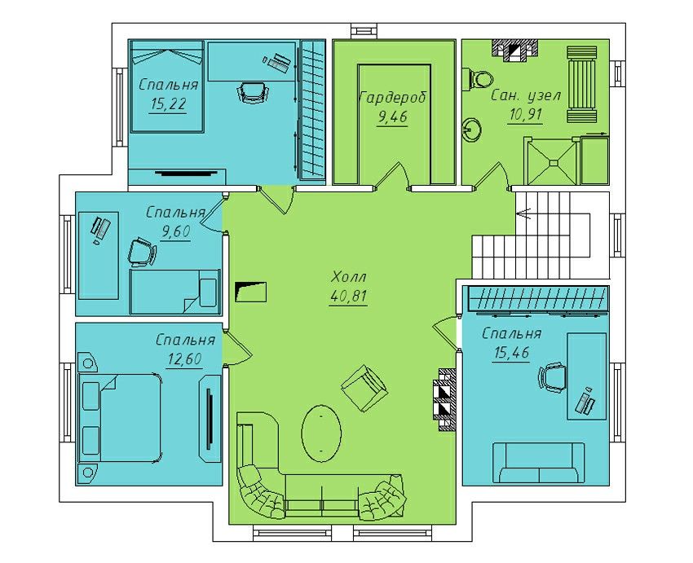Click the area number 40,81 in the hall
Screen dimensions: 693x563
[348, 297]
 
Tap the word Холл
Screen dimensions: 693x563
[349, 277]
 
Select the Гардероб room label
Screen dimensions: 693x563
[393, 97]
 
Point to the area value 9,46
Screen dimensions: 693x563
[392, 117]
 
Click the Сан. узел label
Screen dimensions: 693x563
[526, 95]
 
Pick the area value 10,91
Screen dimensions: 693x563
[526, 115]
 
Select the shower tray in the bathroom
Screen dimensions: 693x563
[553, 162]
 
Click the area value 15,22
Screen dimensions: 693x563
[169, 104]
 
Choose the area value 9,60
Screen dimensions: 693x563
[175, 231]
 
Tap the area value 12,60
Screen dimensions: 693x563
[184, 358]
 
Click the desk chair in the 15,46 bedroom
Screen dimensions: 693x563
[552, 376]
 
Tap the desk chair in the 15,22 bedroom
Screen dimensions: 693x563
[254, 92]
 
